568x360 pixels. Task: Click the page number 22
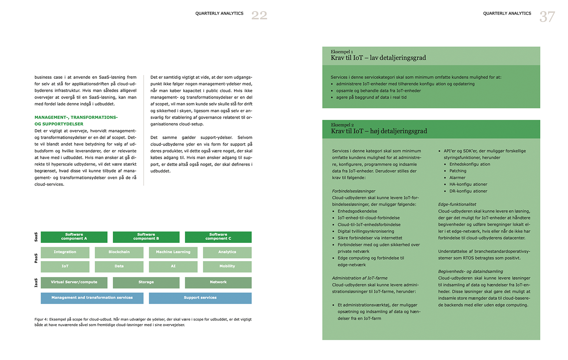tap(259, 16)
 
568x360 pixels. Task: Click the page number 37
tap(547, 17)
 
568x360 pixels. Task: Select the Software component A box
tap(74, 237)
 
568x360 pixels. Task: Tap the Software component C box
tap(218, 237)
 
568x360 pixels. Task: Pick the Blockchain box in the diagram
tap(119, 252)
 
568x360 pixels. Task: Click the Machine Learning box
tap(173, 252)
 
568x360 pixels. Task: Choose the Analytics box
tap(227, 252)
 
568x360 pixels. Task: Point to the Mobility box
tap(227, 266)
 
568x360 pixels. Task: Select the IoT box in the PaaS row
tap(65, 266)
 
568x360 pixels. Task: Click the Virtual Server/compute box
tap(74, 282)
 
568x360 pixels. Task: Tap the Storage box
tap(146, 282)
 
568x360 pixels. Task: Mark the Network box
tap(218, 282)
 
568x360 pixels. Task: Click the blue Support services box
tap(200, 298)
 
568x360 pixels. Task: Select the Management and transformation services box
tap(92, 298)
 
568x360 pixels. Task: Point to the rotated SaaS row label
tap(36, 237)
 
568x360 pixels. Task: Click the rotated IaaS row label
tap(36, 283)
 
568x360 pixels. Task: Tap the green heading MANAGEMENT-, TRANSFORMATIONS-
tap(76, 117)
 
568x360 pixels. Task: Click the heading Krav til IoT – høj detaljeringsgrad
tap(379, 131)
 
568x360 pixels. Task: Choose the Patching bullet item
tap(458, 171)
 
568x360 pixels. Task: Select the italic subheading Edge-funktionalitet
tap(457, 205)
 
